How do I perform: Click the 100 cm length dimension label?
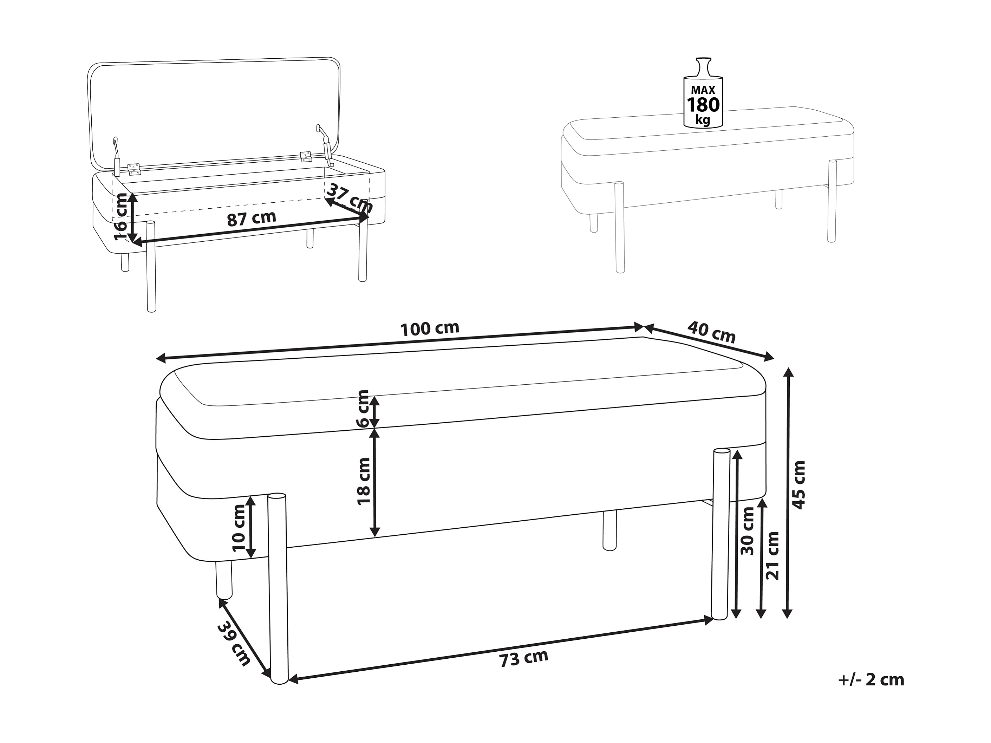pyautogui.click(x=430, y=329)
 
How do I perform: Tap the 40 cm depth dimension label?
pyautogui.click(x=711, y=332)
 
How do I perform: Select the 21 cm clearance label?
pyautogui.click(x=772, y=556)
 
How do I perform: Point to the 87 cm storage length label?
pyautogui.click(x=251, y=219)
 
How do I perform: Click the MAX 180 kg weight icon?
pyautogui.click(x=703, y=99)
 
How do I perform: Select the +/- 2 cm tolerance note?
pyautogui.click(x=871, y=680)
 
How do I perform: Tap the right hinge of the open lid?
pyautogui.click(x=306, y=156)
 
